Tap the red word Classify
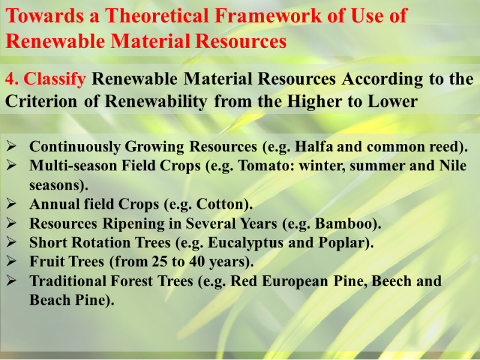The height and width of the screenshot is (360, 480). click(x=55, y=79)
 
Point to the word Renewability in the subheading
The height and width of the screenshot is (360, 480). click(x=156, y=102)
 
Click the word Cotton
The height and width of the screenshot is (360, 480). click(x=223, y=204)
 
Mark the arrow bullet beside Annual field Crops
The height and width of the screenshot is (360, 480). click(x=11, y=203)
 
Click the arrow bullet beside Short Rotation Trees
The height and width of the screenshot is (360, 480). click(x=11, y=242)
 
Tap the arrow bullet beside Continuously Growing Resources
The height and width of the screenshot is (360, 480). click(x=11, y=146)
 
